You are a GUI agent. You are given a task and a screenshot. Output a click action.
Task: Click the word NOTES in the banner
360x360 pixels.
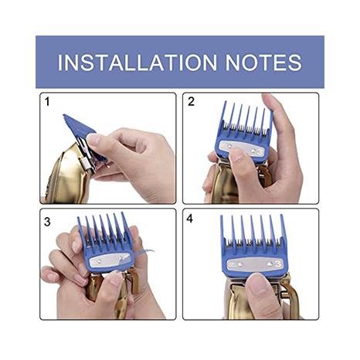pyautogui.click(x=263, y=63)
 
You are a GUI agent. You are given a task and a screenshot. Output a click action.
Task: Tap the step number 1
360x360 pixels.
pyautogui.click(x=47, y=102)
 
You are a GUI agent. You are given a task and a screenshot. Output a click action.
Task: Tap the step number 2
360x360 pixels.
pyautogui.click(x=191, y=102)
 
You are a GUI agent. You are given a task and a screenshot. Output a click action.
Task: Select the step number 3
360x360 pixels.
pyautogui.click(x=47, y=222)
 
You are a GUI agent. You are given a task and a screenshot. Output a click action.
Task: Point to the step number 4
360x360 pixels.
pyautogui.click(x=190, y=219)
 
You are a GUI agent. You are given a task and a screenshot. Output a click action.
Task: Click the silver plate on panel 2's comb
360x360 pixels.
pyautogui.click(x=241, y=149)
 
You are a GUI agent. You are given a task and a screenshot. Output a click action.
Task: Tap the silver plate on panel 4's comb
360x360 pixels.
pyautogui.click(x=255, y=264)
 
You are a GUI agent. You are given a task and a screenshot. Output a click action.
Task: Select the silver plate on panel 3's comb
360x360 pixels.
pyautogui.click(x=110, y=261)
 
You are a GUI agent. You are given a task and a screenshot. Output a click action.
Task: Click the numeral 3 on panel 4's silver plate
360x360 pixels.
pyautogui.click(x=277, y=264)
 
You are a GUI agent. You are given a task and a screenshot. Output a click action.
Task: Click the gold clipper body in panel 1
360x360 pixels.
pyautogui.click(x=70, y=175)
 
